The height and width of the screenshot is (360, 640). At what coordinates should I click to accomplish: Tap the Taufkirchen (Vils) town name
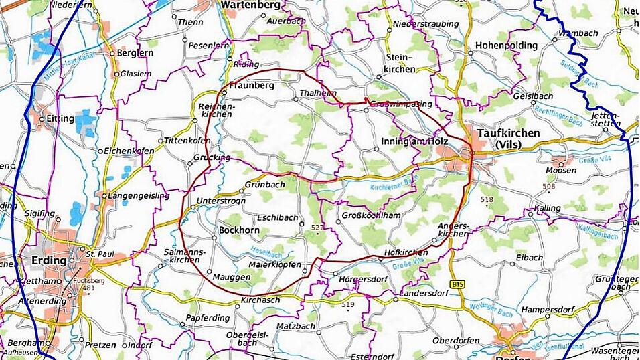[x=508, y=139]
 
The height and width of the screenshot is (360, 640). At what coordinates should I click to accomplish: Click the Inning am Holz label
[x=414, y=141]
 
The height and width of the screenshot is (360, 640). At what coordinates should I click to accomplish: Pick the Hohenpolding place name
[x=506, y=46]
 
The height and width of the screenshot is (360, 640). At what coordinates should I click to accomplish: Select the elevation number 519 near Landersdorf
[x=347, y=305]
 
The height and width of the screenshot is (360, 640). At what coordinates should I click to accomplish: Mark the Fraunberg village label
[x=252, y=86]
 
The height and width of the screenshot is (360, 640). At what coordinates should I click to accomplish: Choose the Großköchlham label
[x=371, y=215]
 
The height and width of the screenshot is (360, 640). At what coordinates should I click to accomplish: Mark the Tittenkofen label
[x=187, y=141]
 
